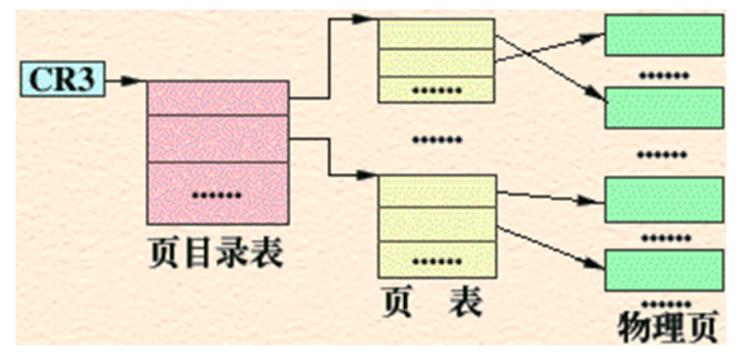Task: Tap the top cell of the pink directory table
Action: click(x=218, y=98)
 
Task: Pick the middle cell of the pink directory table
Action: click(x=218, y=138)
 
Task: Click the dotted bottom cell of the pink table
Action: click(x=218, y=193)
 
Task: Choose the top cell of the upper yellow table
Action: click(x=437, y=33)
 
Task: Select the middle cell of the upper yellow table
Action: click(x=437, y=62)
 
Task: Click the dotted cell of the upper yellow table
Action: click(x=437, y=89)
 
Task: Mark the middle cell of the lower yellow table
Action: click(x=437, y=224)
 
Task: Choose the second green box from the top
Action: click(x=663, y=107)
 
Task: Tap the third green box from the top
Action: click(x=663, y=200)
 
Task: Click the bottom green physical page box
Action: click(x=663, y=269)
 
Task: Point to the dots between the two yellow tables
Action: click(x=437, y=139)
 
